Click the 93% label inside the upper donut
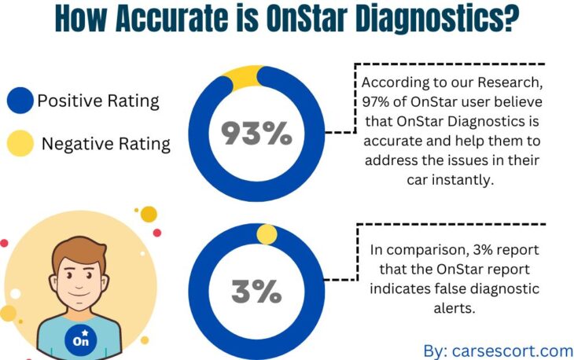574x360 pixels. [256, 134]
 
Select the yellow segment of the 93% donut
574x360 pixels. [241, 75]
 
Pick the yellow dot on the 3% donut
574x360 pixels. [267, 234]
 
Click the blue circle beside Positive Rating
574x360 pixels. [20, 101]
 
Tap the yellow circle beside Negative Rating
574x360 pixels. [20, 144]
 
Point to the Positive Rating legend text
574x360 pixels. [98, 101]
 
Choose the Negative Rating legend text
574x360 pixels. [105, 144]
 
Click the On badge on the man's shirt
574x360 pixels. [80, 340]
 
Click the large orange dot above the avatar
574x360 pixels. [149, 214]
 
